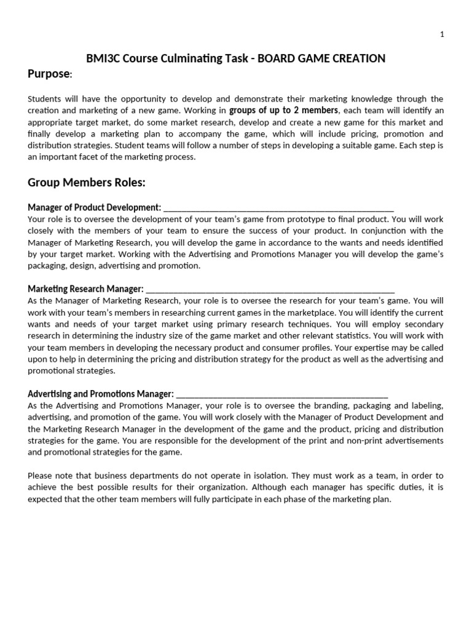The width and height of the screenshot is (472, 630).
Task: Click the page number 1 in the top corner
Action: coord(441,34)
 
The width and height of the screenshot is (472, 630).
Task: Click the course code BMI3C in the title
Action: coord(103,58)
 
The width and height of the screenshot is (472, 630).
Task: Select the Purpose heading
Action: coord(49,74)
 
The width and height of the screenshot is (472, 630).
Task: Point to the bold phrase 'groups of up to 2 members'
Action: coord(283,111)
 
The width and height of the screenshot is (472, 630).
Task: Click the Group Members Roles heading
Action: coord(87,183)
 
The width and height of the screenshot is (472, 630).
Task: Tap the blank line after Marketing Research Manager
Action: coord(270,289)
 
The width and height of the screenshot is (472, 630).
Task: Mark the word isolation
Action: coord(253,476)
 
